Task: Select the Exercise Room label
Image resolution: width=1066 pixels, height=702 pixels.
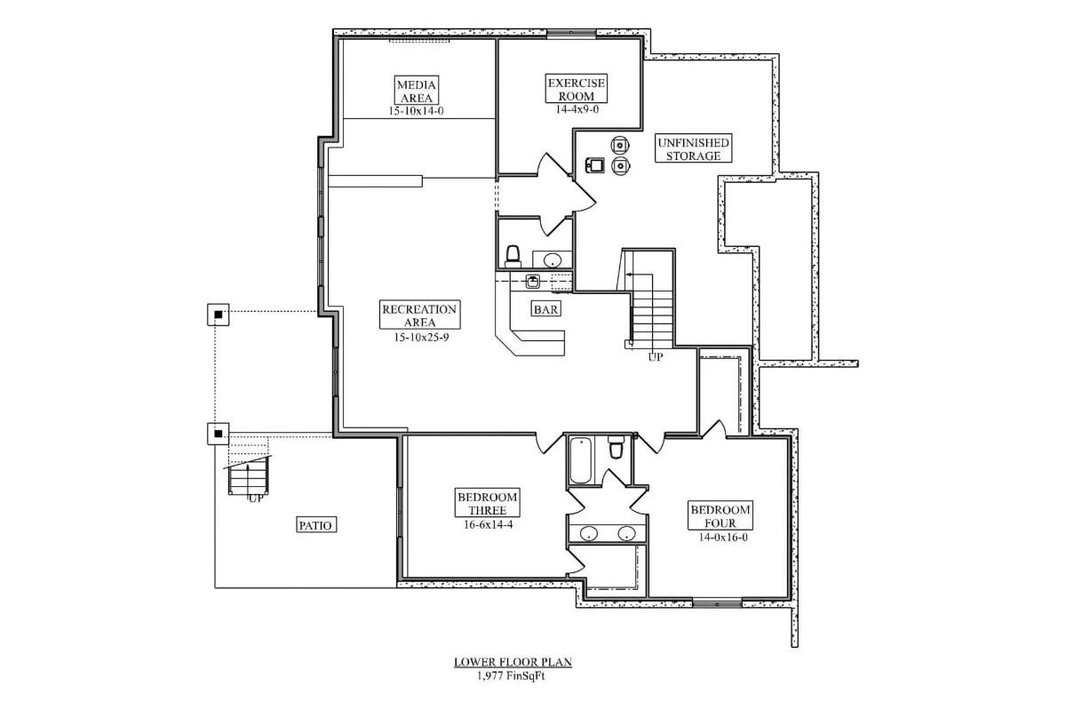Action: (x=576, y=90)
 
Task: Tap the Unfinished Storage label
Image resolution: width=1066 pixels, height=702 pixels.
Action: (x=695, y=148)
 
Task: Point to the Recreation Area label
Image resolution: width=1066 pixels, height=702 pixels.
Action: (x=419, y=315)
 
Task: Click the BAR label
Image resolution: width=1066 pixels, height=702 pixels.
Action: (x=545, y=309)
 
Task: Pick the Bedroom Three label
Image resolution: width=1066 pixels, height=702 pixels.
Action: (x=488, y=503)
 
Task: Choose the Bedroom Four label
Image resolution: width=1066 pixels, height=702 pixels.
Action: (x=720, y=516)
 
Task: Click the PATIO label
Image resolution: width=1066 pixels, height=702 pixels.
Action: (x=315, y=525)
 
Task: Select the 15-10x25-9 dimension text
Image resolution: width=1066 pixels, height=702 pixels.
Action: (x=419, y=337)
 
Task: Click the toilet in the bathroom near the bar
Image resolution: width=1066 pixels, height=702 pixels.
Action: (x=513, y=256)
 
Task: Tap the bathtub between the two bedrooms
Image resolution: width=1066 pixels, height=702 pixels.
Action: (x=581, y=459)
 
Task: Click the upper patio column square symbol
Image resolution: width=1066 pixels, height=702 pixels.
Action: (x=219, y=314)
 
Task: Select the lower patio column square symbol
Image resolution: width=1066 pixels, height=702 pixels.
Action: (x=219, y=434)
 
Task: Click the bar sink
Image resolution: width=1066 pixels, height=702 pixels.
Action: (x=532, y=282)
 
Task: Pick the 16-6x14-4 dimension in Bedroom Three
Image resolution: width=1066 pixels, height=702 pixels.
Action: (x=488, y=525)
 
